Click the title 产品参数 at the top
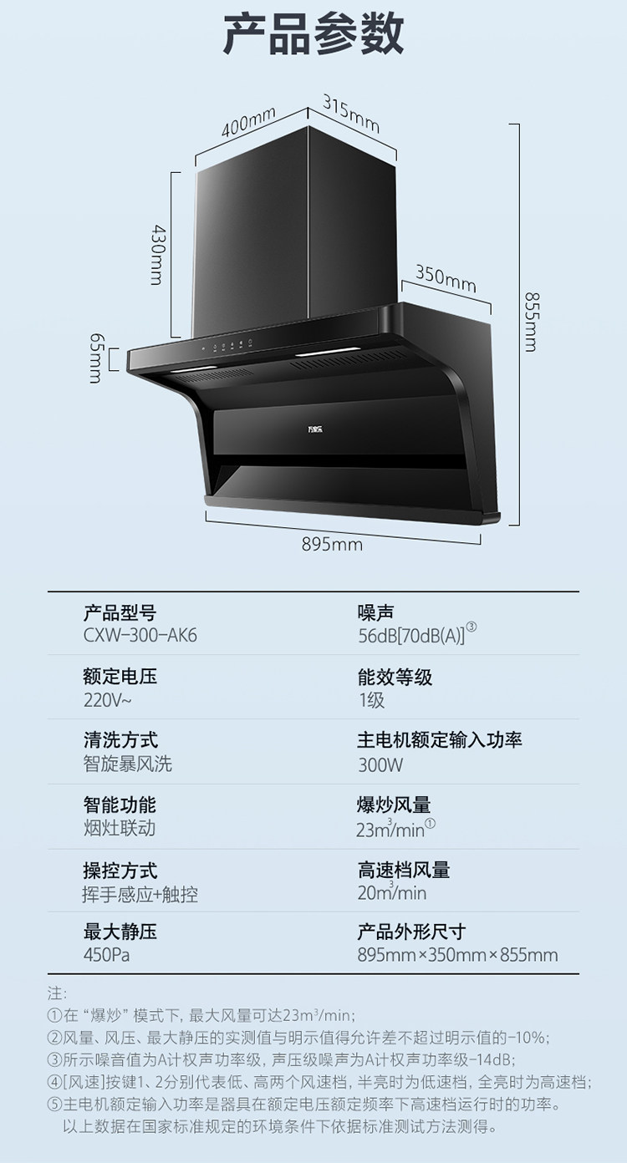point(313,34)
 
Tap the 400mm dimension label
point(248,123)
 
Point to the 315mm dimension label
point(351,113)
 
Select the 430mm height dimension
point(157,254)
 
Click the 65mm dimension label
point(95,358)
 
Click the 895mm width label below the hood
point(332,545)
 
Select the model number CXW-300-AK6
point(140,636)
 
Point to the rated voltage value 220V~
point(107,700)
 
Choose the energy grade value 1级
point(372,700)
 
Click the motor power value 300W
point(380,764)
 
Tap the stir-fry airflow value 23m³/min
point(391,830)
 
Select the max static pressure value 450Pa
point(108,955)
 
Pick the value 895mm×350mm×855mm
point(457,955)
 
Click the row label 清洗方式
point(120,740)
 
